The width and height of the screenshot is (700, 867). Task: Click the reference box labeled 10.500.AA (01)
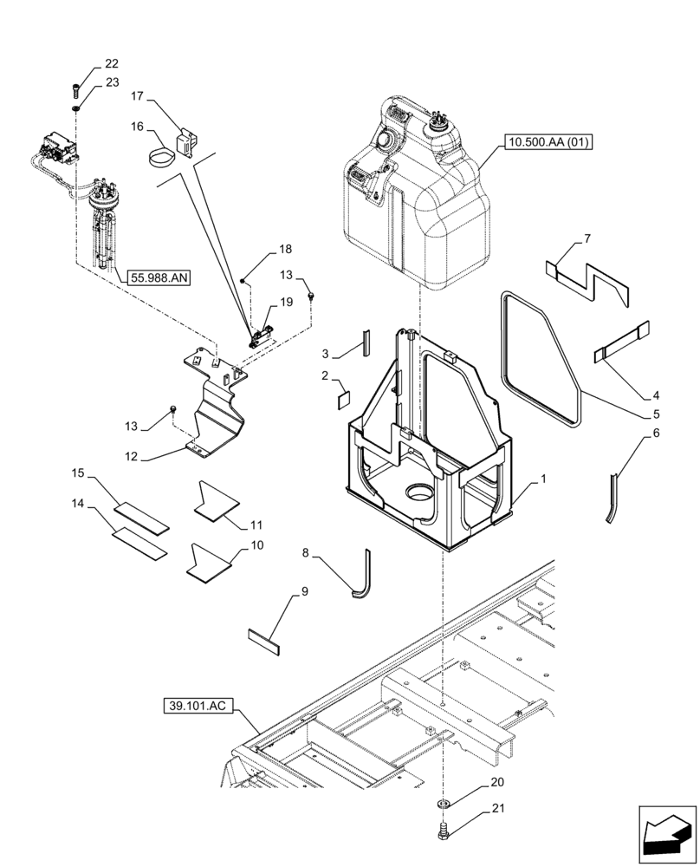click(x=546, y=142)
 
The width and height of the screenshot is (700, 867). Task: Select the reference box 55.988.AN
click(x=160, y=277)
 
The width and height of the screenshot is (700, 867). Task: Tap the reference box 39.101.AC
click(x=198, y=706)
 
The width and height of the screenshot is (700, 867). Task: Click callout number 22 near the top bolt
click(x=112, y=63)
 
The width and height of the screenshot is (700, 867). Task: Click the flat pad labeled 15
click(x=143, y=517)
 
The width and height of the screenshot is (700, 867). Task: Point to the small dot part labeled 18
click(x=244, y=281)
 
